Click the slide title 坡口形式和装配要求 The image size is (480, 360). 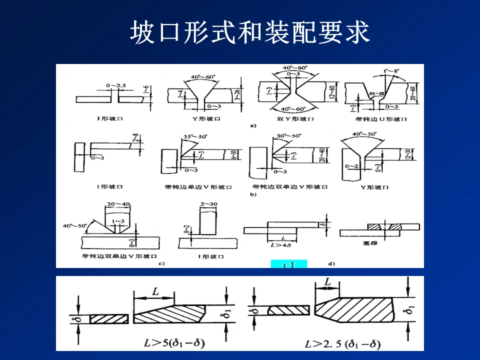click(x=250, y=33)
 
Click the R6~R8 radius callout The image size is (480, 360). click(x=375, y=93)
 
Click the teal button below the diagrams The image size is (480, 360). click(x=288, y=264)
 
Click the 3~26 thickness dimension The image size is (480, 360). click(x=241, y=94)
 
